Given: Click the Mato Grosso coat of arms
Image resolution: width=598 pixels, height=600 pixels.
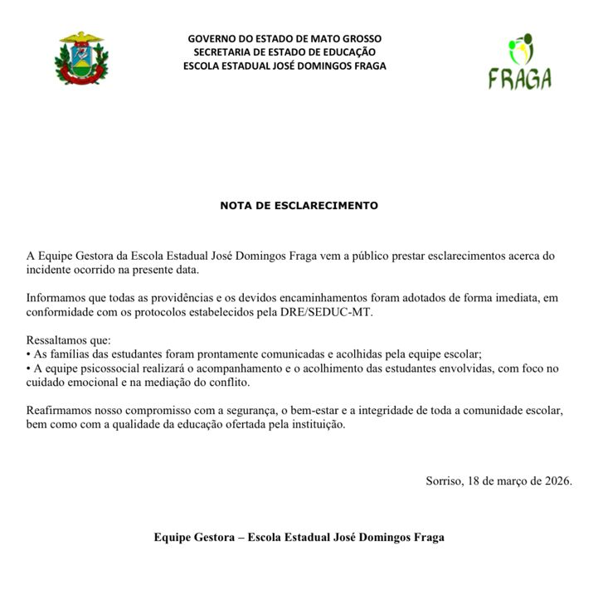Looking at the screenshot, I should click(x=81, y=59).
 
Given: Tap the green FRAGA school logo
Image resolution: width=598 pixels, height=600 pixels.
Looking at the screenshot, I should click(x=520, y=61).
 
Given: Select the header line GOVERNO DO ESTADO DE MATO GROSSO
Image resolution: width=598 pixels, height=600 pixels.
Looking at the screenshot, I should click(x=284, y=39).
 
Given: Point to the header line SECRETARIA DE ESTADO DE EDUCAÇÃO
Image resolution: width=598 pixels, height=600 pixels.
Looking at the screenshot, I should click(x=284, y=52).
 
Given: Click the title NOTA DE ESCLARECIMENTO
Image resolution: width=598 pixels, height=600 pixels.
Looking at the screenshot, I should click(x=299, y=205).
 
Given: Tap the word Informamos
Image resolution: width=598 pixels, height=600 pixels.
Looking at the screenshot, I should click(x=56, y=297).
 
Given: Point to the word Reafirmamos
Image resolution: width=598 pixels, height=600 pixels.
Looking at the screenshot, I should click(x=59, y=410).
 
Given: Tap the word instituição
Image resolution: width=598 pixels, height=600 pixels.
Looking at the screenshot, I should click(x=314, y=424).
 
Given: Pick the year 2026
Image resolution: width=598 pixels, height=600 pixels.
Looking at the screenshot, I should click(x=555, y=481).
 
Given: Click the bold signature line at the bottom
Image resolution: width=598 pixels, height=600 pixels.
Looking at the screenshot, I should click(x=299, y=537).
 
